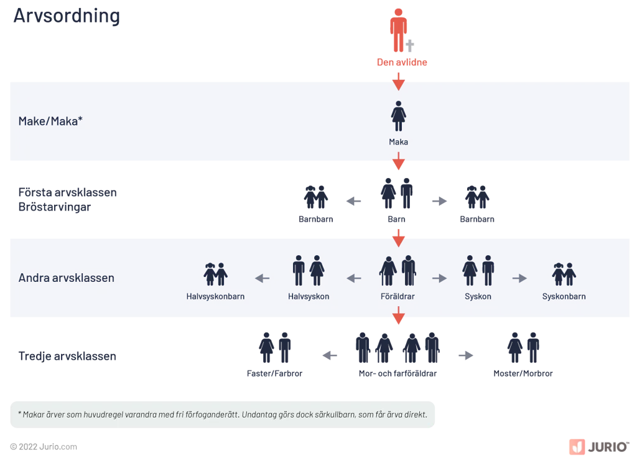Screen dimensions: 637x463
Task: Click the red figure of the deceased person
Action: pos(398,30)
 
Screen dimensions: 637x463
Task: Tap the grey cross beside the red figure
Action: pos(410,46)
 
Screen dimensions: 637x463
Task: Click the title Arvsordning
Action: pos(67,16)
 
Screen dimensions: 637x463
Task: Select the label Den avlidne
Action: pos(402,62)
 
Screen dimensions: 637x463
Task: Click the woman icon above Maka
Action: pos(399,116)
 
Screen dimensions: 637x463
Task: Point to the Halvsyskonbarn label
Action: pos(215,296)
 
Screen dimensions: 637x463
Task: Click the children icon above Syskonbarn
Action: pos(564,274)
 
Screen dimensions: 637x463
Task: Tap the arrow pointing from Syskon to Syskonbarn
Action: pos(519,278)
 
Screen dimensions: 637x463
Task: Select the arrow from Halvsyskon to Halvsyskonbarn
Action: pos(262,278)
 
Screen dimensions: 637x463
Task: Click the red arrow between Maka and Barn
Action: pos(399,161)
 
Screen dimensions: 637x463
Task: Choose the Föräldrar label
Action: pos(398,296)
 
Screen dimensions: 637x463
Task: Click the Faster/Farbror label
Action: pos(274,373)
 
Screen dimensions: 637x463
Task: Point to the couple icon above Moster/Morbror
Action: pos(523,347)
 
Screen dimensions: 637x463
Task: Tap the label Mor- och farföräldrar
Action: pos(398,373)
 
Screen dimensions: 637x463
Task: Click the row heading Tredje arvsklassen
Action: pos(67,356)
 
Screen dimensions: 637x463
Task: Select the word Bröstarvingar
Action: pos(55,207)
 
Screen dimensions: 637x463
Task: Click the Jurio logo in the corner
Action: pos(599,447)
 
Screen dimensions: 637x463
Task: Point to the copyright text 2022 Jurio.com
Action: pos(44,447)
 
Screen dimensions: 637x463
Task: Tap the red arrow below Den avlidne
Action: pos(399,82)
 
